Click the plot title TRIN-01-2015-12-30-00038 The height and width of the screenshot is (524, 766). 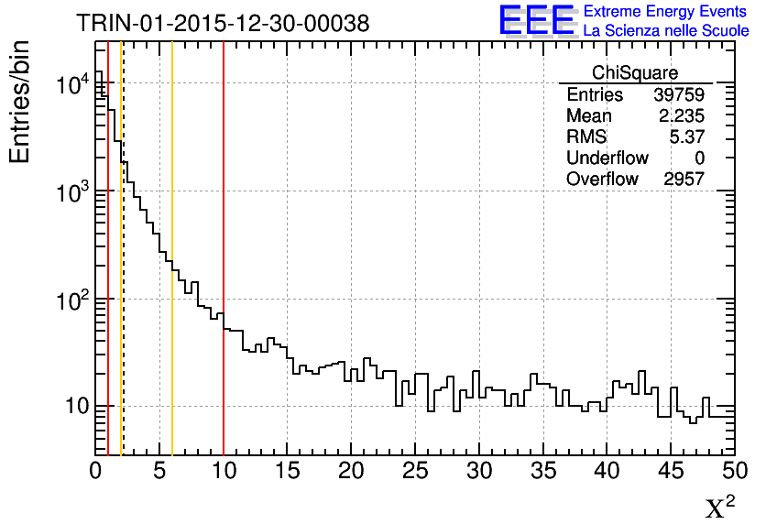[223, 24]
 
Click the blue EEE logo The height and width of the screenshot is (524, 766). [537, 21]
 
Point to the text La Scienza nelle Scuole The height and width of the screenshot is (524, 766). [666, 31]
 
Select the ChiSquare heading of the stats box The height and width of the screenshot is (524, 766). [635, 73]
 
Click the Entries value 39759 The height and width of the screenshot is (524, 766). [679, 94]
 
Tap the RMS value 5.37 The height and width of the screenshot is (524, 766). [686, 136]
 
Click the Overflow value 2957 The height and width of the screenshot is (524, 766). [684, 179]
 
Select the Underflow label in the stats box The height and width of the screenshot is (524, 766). [607, 158]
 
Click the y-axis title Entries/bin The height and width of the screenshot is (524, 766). [20, 103]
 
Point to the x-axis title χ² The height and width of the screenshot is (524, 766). [720, 508]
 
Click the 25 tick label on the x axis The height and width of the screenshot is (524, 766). [415, 472]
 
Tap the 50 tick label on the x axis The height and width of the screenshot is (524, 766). [734, 472]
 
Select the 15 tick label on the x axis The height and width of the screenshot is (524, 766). [287, 472]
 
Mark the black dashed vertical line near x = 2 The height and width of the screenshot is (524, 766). [123, 275]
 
